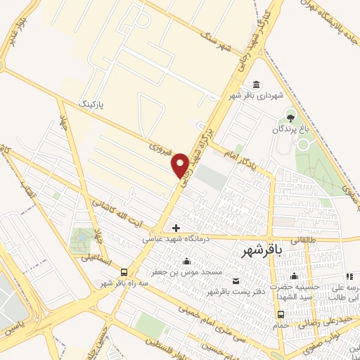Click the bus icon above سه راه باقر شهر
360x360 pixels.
click(x=124, y=272)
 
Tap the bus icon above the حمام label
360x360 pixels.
click(x=281, y=314)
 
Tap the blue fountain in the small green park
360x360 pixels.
click(x=82, y=239)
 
